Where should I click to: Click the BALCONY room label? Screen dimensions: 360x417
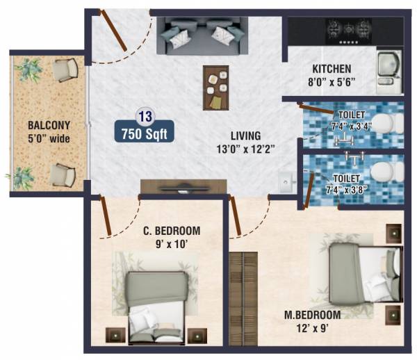(x=48, y=125)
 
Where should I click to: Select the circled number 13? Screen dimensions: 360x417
(x=145, y=115)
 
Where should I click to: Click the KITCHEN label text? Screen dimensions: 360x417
(x=331, y=69)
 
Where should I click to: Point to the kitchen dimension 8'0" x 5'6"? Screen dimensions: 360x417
(x=331, y=81)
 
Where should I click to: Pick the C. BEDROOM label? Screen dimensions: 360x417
(x=171, y=231)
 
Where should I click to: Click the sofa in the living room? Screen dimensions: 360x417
(x=199, y=36)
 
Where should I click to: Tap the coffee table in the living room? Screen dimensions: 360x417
(x=215, y=88)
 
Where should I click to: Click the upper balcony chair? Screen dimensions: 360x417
(x=67, y=69)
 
